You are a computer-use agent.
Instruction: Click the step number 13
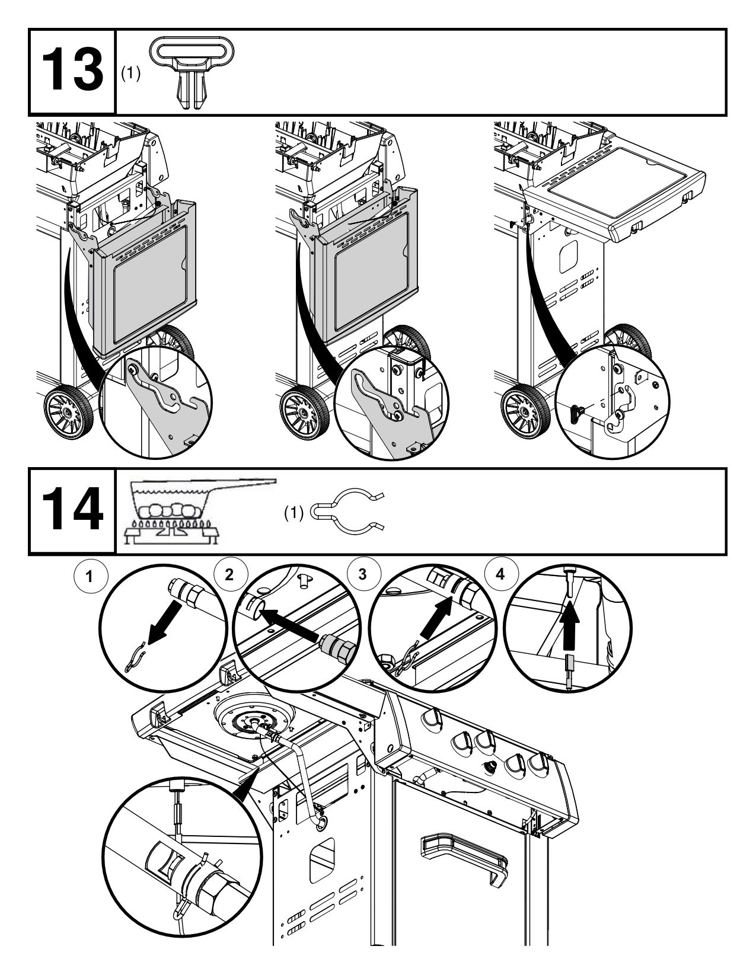pos(72,72)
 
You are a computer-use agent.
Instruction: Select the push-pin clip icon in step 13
pos(190,72)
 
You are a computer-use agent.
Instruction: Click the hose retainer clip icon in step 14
pos(347,510)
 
